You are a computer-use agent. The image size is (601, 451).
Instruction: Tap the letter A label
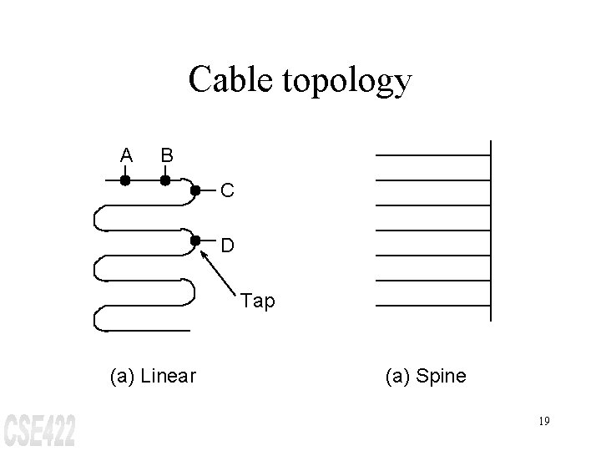[125, 155]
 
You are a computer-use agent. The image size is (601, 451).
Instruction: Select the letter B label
[167, 155]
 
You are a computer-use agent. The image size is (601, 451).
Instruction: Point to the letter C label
[228, 192]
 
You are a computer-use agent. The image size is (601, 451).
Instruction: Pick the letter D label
[228, 246]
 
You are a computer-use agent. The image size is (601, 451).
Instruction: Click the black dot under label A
[124, 180]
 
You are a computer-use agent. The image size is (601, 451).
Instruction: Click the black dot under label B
[165, 180]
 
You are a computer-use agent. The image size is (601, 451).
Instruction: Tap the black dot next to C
[194, 190]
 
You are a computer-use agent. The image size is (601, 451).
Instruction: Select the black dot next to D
[194, 241]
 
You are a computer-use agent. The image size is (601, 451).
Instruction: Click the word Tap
[257, 301]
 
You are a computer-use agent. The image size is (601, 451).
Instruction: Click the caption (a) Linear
[153, 376]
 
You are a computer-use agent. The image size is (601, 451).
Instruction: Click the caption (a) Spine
[425, 376]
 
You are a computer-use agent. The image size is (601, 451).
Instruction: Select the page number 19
[543, 421]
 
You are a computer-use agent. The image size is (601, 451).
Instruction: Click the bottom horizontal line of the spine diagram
[433, 306]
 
